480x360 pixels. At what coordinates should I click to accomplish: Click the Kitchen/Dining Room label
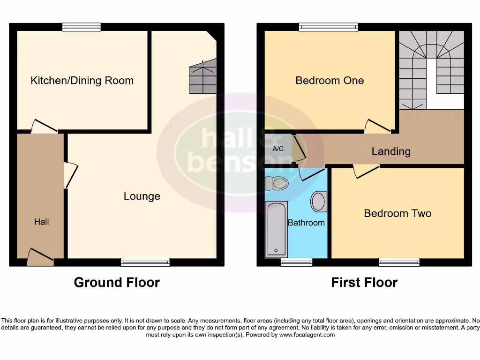[x=82, y=81]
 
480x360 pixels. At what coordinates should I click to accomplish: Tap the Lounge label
[x=142, y=196]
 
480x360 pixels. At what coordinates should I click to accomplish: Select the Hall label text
[x=41, y=222]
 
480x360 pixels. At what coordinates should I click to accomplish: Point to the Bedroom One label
[x=330, y=81]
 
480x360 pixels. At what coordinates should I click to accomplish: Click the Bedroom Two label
[x=397, y=213]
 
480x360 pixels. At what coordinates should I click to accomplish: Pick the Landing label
[x=391, y=151]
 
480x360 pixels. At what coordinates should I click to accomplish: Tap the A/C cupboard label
[x=278, y=149]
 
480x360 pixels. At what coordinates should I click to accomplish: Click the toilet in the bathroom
[x=277, y=183]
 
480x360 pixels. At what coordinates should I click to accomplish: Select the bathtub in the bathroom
[x=276, y=229]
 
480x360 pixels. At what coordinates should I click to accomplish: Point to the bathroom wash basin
[x=319, y=202]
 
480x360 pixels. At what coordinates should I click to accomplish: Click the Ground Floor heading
[x=117, y=283]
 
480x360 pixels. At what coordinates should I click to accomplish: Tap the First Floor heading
[x=364, y=283]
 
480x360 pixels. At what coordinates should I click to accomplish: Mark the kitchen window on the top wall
[x=82, y=27]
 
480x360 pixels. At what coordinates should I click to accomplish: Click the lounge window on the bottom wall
[x=145, y=262]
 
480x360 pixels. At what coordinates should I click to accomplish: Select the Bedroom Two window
[x=399, y=262]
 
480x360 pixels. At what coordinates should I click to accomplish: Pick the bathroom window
[x=296, y=262]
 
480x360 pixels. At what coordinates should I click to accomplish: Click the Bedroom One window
[x=329, y=27]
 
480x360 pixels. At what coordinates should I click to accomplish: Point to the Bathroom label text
[x=306, y=223]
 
